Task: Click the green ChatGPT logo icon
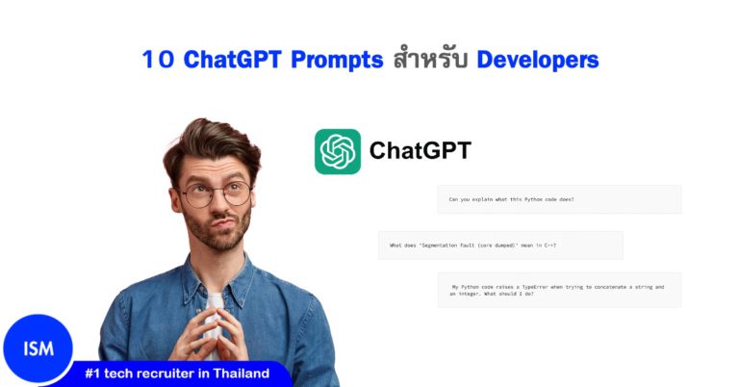tap(338, 151)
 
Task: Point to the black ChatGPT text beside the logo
tap(420, 151)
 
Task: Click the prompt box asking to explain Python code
tap(559, 199)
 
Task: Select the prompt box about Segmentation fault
tap(500, 245)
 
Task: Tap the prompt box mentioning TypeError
tap(559, 289)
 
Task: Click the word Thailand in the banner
tap(234, 373)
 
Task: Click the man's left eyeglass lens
tap(199, 195)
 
